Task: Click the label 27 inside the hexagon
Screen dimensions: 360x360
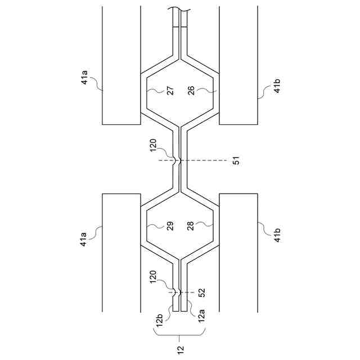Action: (x=170, y=91)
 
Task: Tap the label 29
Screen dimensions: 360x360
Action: (x=170, y=227)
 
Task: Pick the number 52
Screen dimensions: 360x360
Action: (x=202, y=292)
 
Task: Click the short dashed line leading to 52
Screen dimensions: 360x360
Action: (x=188, y=292)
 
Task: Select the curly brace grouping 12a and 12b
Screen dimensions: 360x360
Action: (x=179, y=336)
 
